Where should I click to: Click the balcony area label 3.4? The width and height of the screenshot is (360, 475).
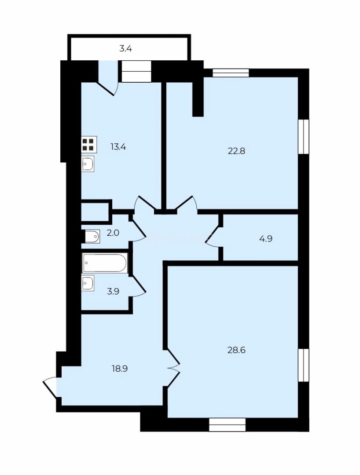point(125,48)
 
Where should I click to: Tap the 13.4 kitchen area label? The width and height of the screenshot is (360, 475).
point(118,147)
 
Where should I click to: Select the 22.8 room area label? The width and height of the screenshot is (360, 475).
point(236,151)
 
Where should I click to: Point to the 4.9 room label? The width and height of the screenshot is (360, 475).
point(266,239)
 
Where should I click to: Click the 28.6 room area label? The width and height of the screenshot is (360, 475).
point(236,350)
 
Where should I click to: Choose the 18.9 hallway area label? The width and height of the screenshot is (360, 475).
point(120,369)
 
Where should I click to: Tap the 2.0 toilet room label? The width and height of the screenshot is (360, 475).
point(113,233)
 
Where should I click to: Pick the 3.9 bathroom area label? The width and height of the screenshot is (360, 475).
point(113,292)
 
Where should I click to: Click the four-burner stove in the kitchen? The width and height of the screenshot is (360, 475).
point(89,145)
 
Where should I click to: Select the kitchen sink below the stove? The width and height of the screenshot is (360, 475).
point(88,164)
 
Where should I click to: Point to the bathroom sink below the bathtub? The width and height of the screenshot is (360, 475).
point(88,283)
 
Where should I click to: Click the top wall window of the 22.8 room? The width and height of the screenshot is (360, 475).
point(231,73)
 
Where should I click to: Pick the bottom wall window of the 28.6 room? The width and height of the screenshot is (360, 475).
point(227,425)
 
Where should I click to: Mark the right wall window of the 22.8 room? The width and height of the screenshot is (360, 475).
point(304,137)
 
